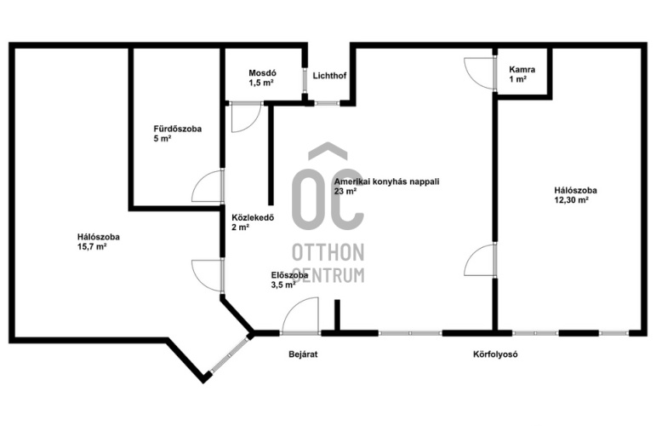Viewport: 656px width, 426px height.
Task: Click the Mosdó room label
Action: [x=262, y=73]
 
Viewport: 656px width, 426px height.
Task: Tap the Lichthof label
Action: [x=329, y=76]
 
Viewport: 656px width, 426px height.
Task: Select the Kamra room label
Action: [x=522, y=70]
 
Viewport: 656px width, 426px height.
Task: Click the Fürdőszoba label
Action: [x=177, y=129]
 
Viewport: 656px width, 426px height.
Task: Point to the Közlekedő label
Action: [x=253, y=218]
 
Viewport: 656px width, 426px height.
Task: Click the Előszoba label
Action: [x=289, y=275]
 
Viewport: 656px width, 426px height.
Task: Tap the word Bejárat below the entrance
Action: [x=303, y=354]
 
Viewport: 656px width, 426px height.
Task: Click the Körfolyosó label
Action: [x=495, y=354]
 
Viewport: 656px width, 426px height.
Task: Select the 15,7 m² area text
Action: [x=92, y=247]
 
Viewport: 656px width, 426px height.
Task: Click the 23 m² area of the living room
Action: [x=345, y=192]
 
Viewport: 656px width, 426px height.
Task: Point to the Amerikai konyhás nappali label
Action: [x=386, y=181]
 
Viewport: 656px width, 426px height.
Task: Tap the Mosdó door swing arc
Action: [x=254, y=124]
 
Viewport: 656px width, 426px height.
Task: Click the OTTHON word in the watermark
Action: [x=328, y=252]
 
